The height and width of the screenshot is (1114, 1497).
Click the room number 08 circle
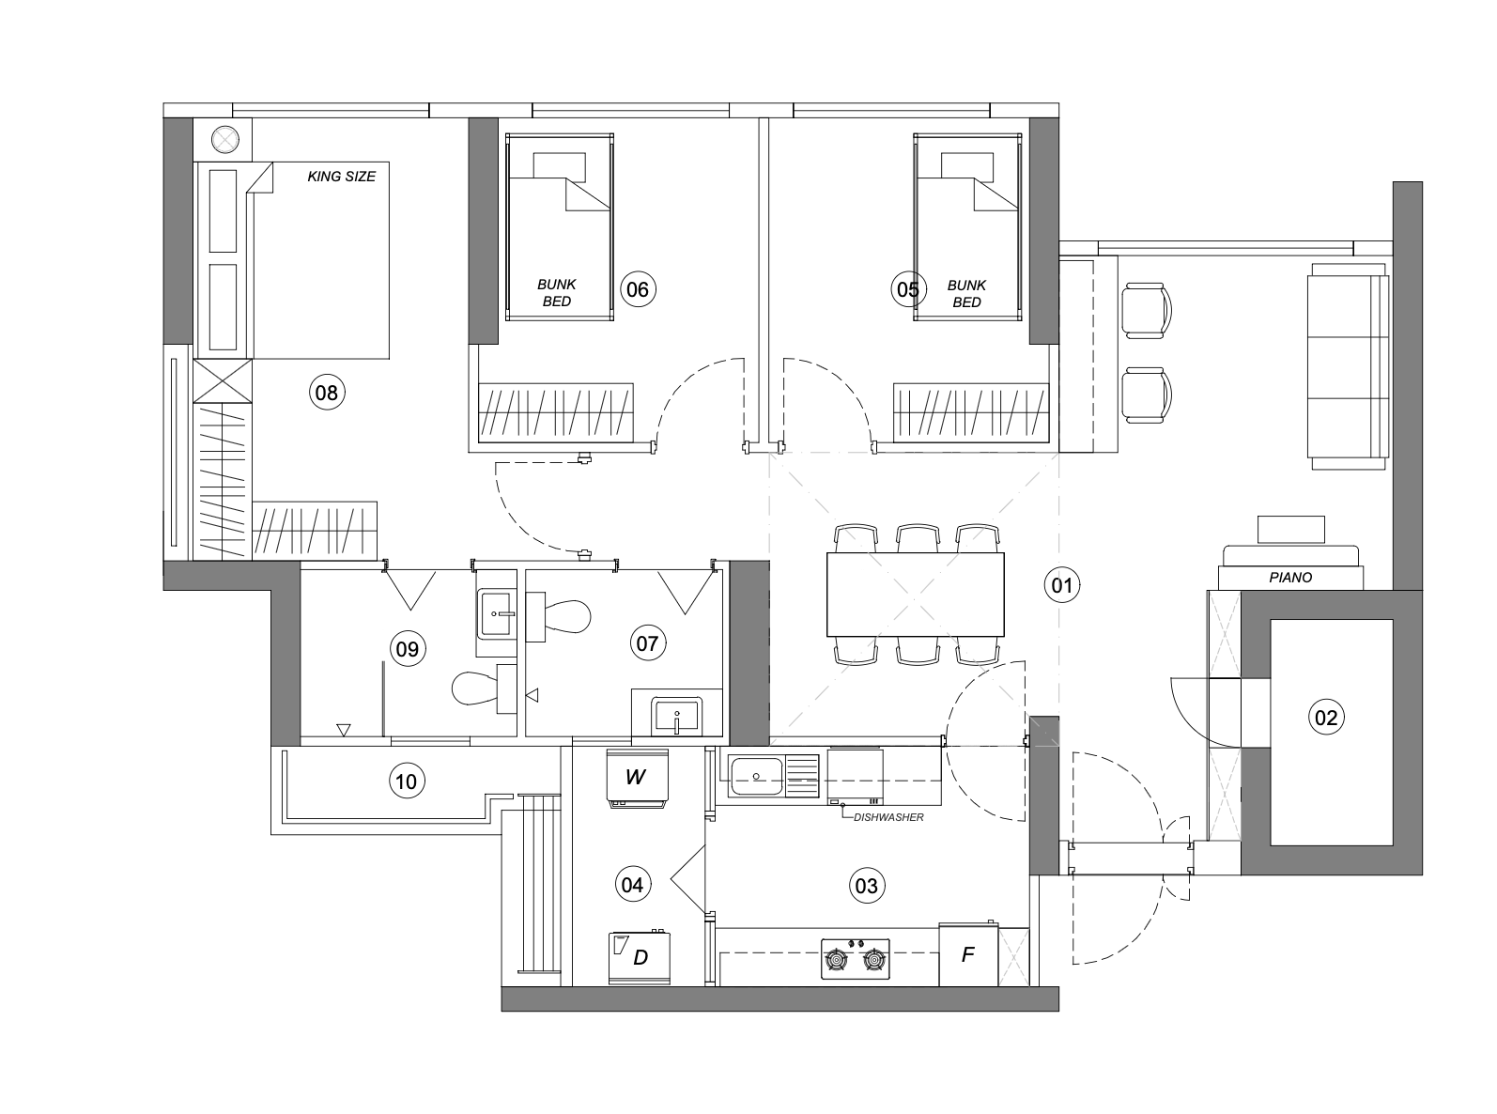327,393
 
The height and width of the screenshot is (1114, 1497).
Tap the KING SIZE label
342,177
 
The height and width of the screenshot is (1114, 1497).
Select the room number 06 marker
638,289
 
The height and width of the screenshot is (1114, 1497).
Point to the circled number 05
908,289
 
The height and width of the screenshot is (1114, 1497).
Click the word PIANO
1290,578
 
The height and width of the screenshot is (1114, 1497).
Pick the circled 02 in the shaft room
1326,717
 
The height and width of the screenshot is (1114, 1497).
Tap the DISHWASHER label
888,817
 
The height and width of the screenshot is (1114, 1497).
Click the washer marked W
637,779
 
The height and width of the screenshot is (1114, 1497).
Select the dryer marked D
640,957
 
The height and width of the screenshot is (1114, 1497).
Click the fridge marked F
968,954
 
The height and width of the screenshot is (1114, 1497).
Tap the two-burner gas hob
856,958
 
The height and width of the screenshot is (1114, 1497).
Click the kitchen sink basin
757,777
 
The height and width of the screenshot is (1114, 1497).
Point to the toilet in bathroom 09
484,689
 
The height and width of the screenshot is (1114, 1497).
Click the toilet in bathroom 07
558,616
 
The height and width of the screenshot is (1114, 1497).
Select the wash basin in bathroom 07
676,717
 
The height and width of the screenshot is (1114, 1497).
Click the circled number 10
406,781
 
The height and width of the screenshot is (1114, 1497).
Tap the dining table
916,595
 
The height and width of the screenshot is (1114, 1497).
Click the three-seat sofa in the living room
1348,366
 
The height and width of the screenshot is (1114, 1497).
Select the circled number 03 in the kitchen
867,886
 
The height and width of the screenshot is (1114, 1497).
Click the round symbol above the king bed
224,141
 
